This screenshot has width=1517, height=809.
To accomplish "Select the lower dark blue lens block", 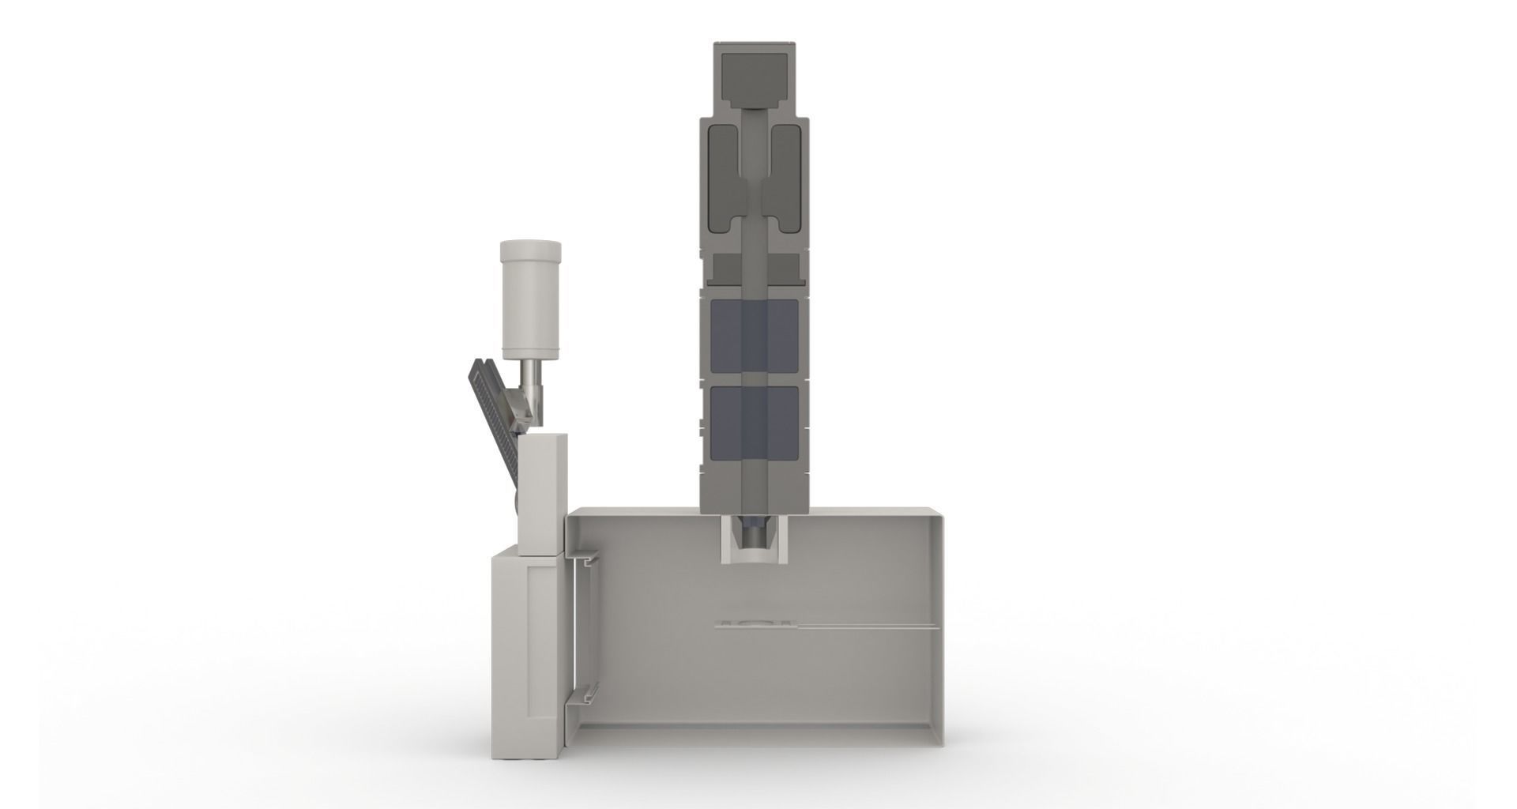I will click(x=755, y=423).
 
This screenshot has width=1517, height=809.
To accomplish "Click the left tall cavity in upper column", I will click(x=724, y=178).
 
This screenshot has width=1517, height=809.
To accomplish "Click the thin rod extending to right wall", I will click(x=869, y=629).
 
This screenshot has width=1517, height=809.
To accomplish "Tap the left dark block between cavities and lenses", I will click(x=724, y=269).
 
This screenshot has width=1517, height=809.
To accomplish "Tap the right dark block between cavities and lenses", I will click(x=785, y=269).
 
